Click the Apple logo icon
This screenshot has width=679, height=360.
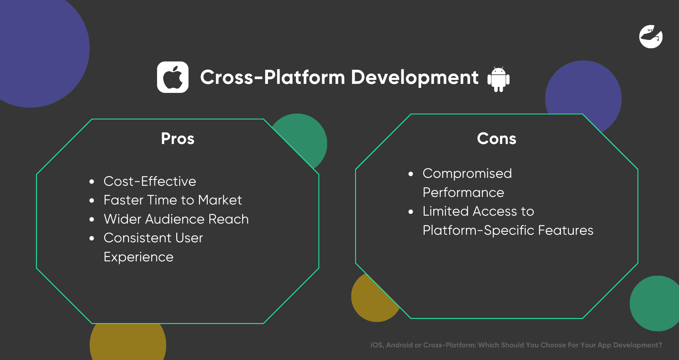(173, 77)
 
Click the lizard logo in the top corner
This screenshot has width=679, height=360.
(651, 36)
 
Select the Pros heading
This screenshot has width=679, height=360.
(178, 139)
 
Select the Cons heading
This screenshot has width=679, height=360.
(496, 139)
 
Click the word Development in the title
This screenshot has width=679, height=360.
(415, 77)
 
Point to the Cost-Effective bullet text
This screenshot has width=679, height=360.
(150, 181)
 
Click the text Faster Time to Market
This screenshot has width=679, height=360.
(173, 200)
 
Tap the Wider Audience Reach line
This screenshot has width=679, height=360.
(176, 219)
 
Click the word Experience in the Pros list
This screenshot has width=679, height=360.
(139, 257)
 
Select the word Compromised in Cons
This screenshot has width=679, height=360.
(467, 174)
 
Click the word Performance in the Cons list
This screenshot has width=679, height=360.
(463, 193)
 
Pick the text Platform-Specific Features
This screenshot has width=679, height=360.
(508, 230)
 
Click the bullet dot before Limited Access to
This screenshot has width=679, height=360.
(411, 212)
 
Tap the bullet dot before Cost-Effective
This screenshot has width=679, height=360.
(92, 182)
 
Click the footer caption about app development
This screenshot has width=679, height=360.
(516, 345)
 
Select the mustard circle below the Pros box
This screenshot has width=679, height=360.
(128, 342)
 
